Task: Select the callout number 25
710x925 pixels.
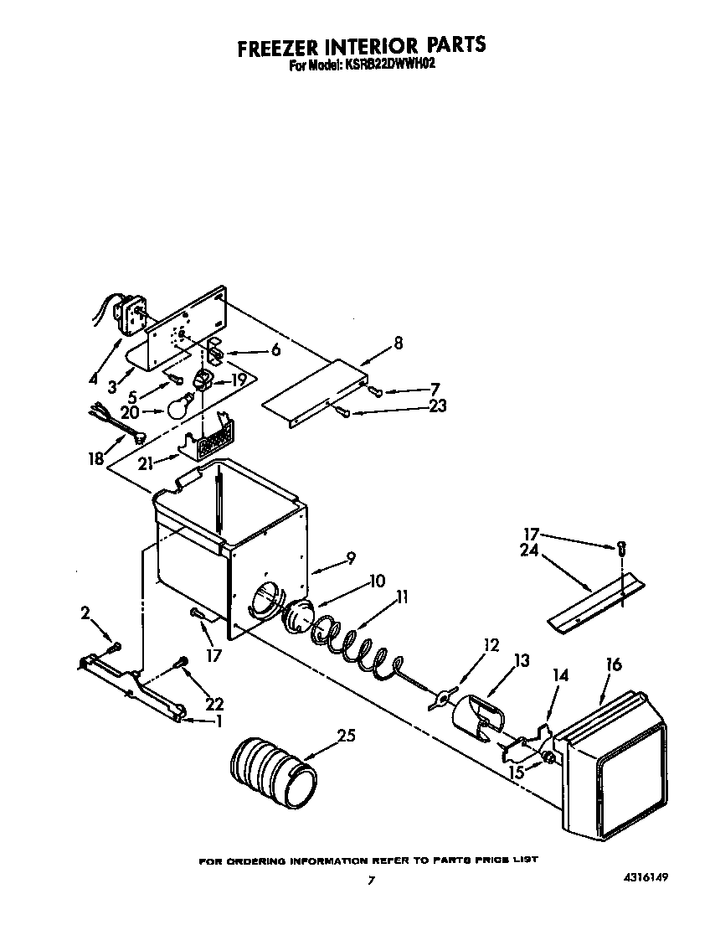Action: (x=346, y=736)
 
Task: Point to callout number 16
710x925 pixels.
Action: (x=614, y=665)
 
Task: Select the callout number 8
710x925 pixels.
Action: (x=398, y=342)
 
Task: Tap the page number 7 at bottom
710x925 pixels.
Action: (x=370, y=881)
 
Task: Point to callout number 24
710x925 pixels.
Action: (x=529, y=551)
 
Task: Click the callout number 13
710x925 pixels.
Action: (x=521, y=661)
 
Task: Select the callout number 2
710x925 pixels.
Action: (x=85, y=613)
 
